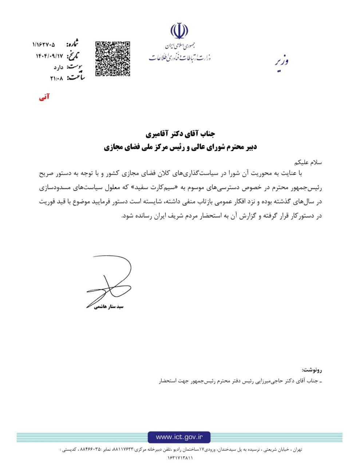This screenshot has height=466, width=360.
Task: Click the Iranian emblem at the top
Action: coord(180,31)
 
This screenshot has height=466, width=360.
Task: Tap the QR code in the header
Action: coord(112,59)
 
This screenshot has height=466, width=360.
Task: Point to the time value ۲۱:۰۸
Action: coord(56,78)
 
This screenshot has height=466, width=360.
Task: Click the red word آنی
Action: coord(44,97)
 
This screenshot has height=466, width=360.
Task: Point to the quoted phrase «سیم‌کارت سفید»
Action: coord(192,188)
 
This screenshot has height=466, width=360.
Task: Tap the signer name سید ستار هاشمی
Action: coord(109,307)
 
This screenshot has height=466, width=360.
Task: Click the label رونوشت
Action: coord(312,370)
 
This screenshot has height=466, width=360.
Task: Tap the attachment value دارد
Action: coord(59,67)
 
